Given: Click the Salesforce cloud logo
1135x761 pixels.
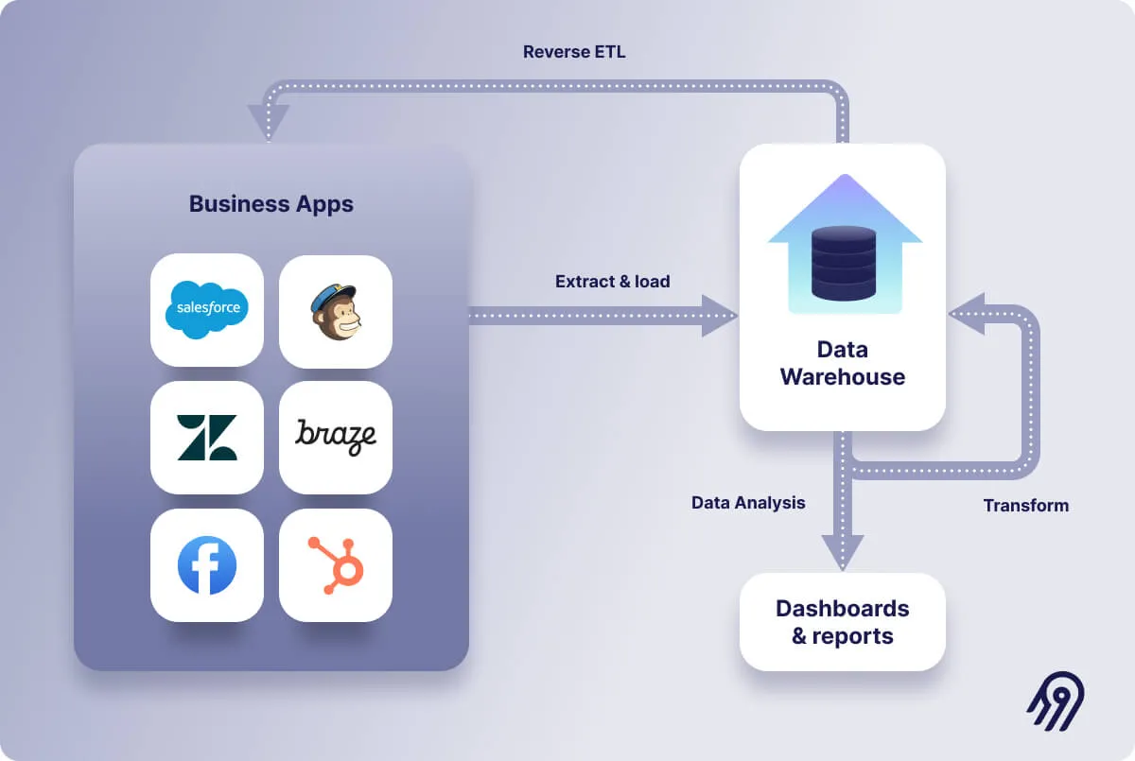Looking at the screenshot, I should [x=206, y=309].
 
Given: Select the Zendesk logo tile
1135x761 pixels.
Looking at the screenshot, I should [x=206, y=437].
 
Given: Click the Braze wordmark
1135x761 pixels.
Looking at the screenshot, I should [x=335, y=436].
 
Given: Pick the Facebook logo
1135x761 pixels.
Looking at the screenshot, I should [x=206, y=565].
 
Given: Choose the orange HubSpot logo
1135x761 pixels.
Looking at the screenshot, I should [x=336, y=565].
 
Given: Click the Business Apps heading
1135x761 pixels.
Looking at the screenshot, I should [x=271, y=204].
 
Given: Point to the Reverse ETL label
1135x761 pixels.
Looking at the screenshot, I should [x=574, y=52].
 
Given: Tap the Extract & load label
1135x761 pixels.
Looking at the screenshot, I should [x=612, y=282].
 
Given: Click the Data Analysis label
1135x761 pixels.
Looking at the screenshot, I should [x=748, y=503].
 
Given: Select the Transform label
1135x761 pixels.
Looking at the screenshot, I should [x=1025, y=506].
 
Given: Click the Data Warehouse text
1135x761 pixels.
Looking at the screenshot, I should [x=842, y=363].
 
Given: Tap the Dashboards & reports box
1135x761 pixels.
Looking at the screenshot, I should [x=842, y=622].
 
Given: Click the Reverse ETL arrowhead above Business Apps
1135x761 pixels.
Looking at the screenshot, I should [x=268, y=121].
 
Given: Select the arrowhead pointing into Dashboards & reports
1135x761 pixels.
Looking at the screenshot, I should [x=842, y=552].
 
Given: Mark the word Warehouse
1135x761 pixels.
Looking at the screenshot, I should [x=842, y=377].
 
